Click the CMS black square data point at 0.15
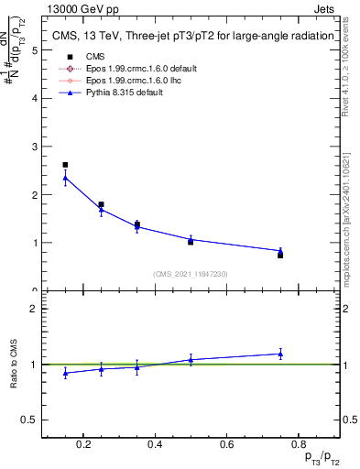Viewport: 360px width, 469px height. coord(65,165)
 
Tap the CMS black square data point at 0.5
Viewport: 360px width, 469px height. coord(191,242)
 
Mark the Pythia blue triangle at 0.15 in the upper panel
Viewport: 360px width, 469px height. coord(65,178)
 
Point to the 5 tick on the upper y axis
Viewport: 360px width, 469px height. coord(35,50)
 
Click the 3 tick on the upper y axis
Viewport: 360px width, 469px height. coord(35,147)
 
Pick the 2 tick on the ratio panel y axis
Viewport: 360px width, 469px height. coord(35,309)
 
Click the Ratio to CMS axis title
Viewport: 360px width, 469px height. coord(13,364)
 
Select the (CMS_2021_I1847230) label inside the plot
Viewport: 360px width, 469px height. coord(191,274)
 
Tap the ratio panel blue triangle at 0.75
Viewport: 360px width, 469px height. coord(280,354)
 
